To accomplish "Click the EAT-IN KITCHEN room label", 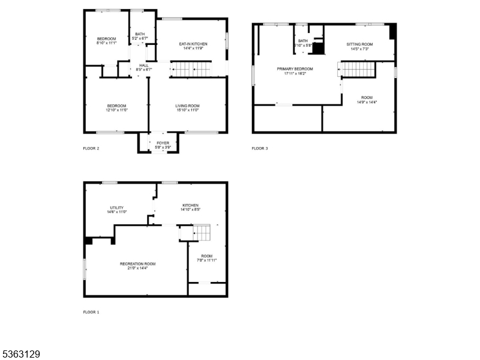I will point(194,44).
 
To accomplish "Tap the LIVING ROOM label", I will point(188,106).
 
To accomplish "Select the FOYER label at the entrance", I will point(159,143).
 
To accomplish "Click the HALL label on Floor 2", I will point(144,65).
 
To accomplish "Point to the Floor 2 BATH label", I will point(140,34).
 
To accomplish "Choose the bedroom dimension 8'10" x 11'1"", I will point(106,43).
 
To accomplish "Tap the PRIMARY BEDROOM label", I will point(295,69).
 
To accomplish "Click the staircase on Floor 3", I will point(358,70).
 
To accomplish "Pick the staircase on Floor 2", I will point(192,70).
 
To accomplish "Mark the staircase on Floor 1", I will point(202,232).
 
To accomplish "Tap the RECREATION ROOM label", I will point(137,264).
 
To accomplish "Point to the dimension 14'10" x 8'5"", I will point(190,210).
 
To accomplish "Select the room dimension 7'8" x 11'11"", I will point(207,260).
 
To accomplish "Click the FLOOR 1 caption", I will point(91,312).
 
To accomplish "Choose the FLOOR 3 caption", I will point(260,148).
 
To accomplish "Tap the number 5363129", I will point(21,355).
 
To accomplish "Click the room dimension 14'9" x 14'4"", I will point(367,103).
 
